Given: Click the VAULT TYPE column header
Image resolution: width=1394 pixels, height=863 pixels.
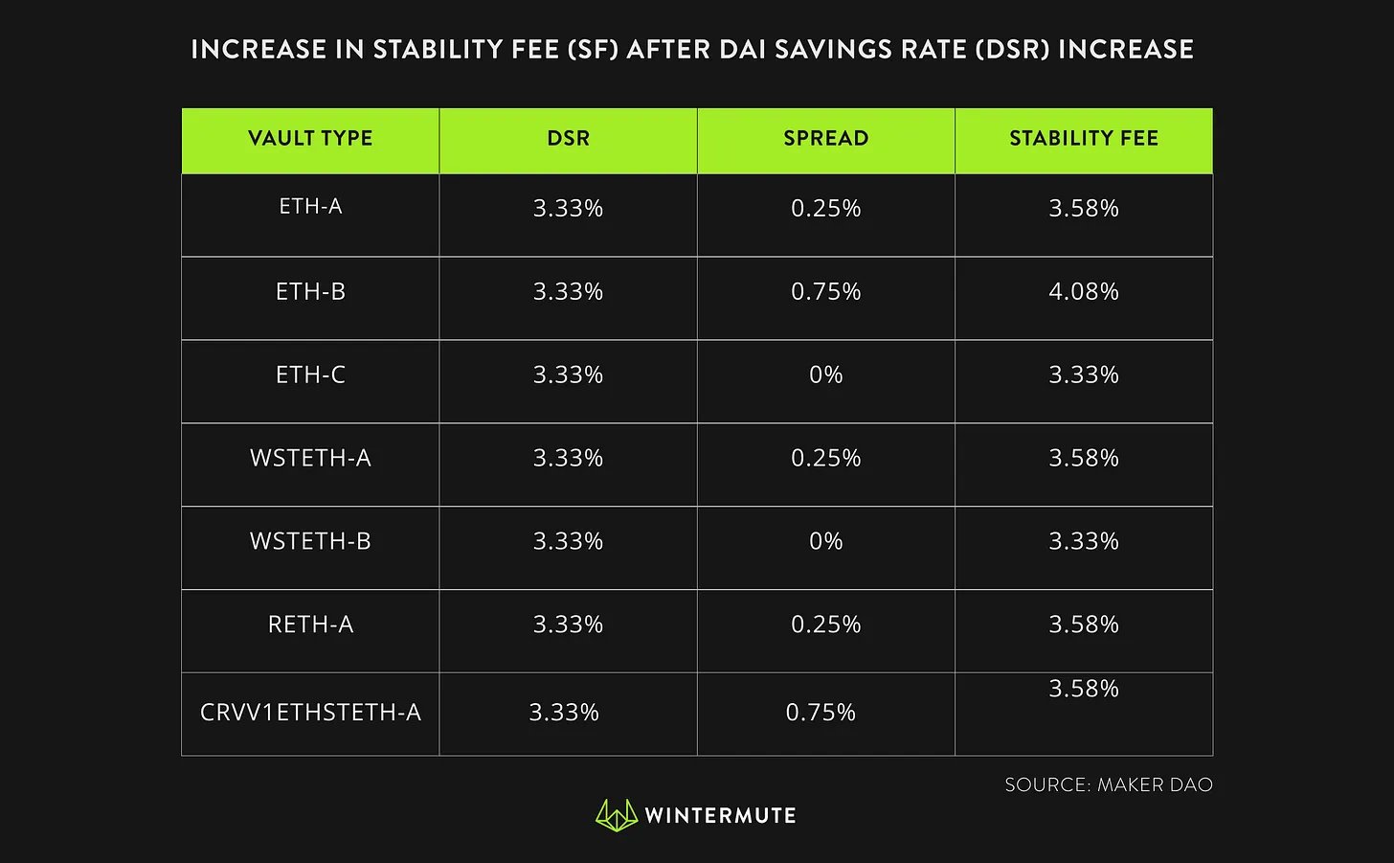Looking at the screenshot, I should click(310, 139).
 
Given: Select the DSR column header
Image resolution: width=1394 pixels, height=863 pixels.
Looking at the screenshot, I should click(568, 139).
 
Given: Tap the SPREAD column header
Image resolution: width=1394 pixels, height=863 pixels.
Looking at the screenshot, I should click(825, 139).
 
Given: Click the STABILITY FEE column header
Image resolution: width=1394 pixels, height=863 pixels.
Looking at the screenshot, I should click(1084, 139).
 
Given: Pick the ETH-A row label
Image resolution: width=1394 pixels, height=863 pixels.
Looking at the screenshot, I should click(310, 206).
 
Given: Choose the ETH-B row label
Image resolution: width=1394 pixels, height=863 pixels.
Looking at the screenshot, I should click(310, 291).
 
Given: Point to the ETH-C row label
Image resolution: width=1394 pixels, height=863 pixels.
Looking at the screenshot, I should click(310, 375).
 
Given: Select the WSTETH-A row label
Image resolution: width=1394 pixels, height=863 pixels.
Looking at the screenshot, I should click(310, 458).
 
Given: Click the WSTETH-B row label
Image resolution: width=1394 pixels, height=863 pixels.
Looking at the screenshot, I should click(310, 541).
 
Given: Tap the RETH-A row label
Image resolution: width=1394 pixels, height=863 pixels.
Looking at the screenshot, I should click(310, 625).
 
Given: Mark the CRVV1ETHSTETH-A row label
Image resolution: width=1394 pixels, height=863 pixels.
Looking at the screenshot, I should click(310, 713).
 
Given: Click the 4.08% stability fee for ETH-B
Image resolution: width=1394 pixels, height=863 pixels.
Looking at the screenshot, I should click(1084, 291).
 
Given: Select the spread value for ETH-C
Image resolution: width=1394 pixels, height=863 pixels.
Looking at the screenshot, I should click(825, 375).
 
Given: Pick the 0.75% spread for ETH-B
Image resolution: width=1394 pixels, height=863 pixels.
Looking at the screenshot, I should click(825, 291).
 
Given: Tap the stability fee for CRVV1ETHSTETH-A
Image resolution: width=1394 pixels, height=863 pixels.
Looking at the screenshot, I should click(1084, 689).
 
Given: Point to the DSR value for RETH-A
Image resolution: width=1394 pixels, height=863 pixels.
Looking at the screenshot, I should click(568, 625).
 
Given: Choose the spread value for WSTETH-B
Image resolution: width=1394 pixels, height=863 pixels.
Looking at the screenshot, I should click(825, 541).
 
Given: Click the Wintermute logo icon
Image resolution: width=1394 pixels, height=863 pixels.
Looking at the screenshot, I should click(616, 815).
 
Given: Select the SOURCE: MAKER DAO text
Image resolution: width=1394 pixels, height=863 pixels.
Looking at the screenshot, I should click(1109, 784).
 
